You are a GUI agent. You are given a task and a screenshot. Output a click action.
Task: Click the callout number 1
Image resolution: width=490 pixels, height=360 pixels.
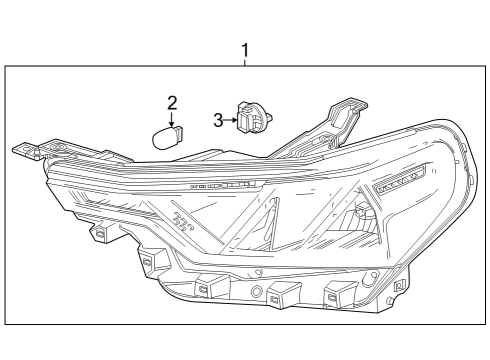(244, 48)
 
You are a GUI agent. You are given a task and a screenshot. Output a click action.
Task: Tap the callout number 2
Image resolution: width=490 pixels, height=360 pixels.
(172, 102)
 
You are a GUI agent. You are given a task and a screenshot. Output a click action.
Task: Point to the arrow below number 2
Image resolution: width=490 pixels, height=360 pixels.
(172, 117)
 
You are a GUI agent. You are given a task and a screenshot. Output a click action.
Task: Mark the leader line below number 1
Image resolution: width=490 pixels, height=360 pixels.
(244, 62)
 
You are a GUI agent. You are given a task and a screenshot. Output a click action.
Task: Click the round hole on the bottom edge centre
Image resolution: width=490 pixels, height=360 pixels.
(257, 291)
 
